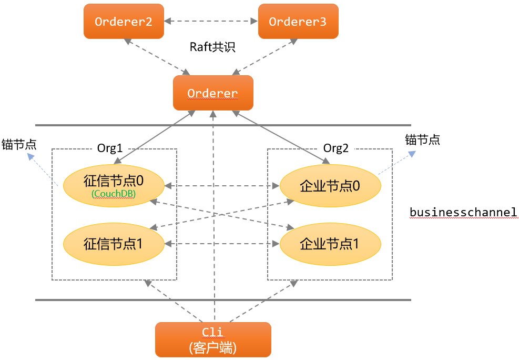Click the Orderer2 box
124,22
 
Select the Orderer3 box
298,22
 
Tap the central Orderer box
213,93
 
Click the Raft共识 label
212,47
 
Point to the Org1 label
110,148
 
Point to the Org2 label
336,148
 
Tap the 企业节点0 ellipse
330,185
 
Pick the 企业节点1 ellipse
330,244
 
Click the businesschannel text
463,212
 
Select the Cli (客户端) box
213,339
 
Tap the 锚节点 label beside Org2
422,140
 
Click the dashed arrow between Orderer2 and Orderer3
211,22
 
